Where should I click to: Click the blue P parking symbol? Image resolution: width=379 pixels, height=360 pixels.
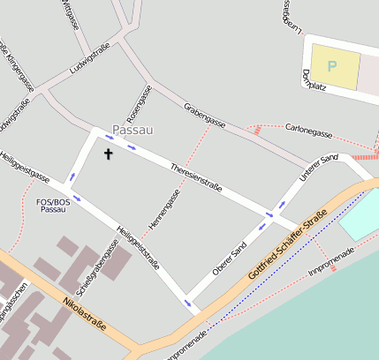click(332, 65)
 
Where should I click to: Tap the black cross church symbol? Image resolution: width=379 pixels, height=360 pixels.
click(110, 154)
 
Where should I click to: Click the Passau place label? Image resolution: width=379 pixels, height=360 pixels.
click(133, 130)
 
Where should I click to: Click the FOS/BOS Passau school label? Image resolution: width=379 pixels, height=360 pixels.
click(53, 206)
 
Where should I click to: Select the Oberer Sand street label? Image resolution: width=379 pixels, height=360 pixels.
click(229, 257)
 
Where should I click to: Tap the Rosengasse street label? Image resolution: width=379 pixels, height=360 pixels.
click(139, 103)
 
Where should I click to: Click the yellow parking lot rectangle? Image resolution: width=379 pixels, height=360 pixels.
click(335, 67)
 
